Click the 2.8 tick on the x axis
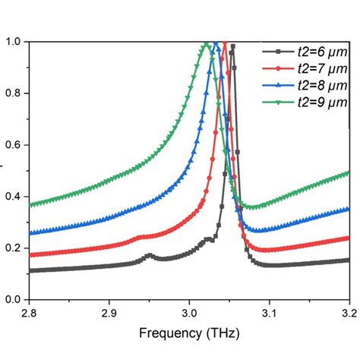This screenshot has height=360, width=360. pyautogui.click(x=30, y=313)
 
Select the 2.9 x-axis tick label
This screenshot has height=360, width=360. pyautogui.click(x=109, y=313)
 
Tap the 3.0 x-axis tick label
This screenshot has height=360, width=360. pyautogui.click(x=189, y=313)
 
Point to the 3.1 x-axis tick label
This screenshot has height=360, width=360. pyautogui.click(x=269, y=313)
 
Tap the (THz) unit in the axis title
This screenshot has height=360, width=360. pyautogui.click(x=223, y=335)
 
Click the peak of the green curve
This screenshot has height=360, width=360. pyautogui.click(x=206, y=43)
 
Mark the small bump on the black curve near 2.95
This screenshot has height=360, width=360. pyautogui.click(x=150, y=256)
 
